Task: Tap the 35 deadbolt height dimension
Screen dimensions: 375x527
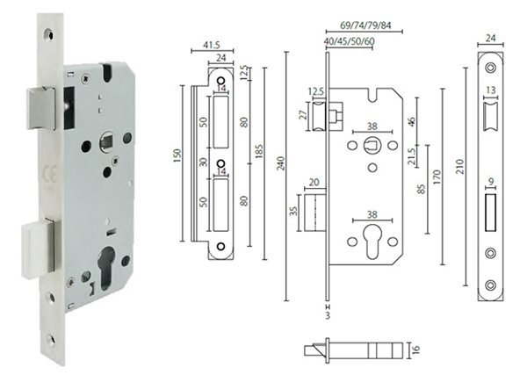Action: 295,211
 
